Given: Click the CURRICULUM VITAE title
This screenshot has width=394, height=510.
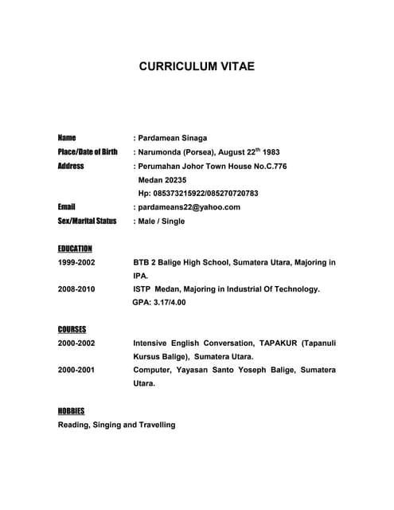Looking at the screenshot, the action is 197,67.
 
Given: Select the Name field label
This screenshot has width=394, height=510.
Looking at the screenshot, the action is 67,138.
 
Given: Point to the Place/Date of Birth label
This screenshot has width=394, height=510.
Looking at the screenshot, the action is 88,151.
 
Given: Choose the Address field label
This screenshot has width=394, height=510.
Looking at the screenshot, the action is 71,166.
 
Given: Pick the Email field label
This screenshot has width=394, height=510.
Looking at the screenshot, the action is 66,206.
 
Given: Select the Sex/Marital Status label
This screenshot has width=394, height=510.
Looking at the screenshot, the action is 88,221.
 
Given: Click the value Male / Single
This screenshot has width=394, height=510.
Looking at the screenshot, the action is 161,221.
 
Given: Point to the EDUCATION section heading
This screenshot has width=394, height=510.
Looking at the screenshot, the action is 75,248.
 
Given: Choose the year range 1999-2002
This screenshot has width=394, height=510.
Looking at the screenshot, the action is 76,262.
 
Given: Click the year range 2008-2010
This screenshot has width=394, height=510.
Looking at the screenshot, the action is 76,289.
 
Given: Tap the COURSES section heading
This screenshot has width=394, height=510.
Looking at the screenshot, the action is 72,329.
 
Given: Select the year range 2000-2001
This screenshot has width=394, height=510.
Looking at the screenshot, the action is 76,370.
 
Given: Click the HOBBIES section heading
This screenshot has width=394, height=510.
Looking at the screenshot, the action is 71,410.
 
